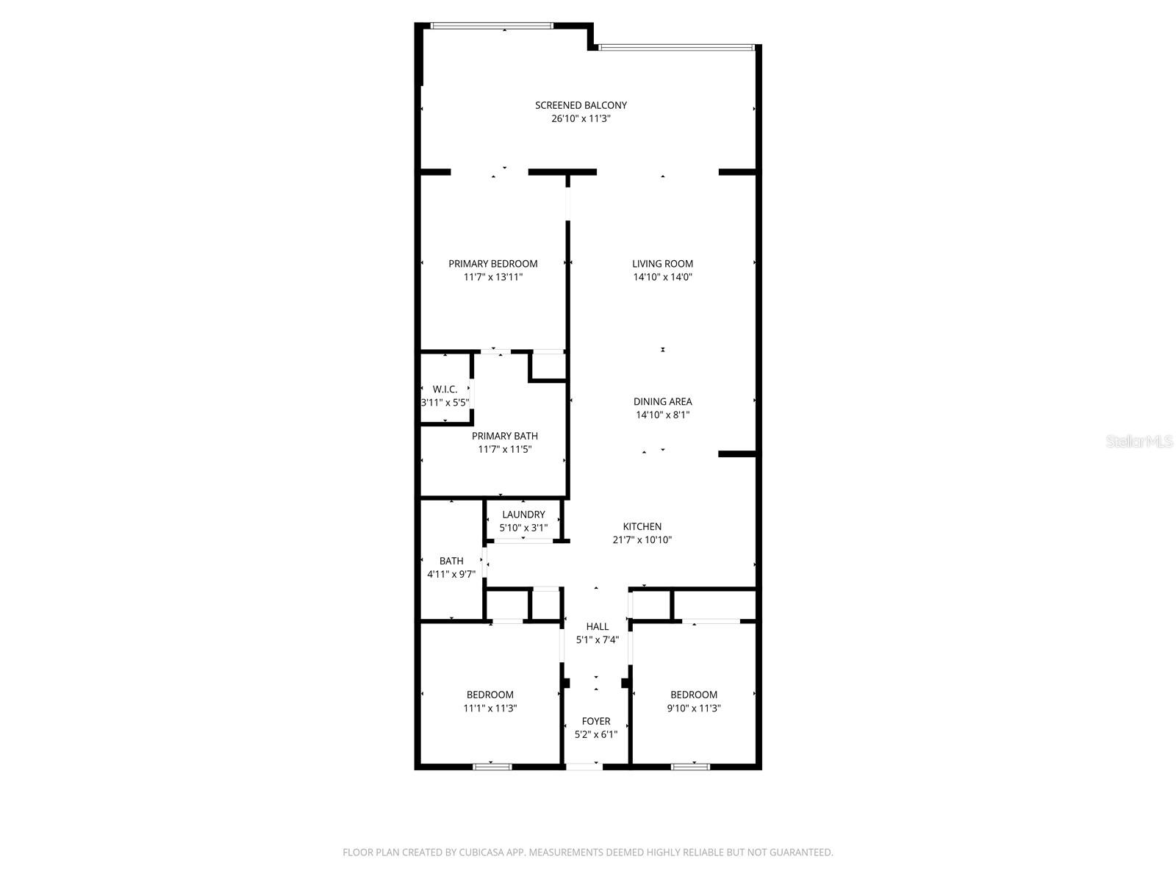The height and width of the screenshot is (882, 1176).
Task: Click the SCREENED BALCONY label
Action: point(581,105)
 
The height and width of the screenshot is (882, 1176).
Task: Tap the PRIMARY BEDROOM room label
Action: point(492,264)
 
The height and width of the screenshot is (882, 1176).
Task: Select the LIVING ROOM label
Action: point(662,264)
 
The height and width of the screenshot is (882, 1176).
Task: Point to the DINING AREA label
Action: point(662,401)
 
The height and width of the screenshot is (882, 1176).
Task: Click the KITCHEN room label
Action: point(642,526)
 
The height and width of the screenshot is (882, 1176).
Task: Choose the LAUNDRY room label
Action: point(523,514)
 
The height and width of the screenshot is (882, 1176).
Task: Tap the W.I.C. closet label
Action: point(445,389)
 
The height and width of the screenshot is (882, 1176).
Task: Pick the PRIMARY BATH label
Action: point(504,436)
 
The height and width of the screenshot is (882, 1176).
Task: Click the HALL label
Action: point(597,626)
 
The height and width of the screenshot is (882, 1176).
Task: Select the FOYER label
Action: point(595,721)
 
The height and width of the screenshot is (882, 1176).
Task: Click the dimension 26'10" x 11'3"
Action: point(581,118)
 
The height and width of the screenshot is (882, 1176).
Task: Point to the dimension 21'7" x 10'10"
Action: point(642,539)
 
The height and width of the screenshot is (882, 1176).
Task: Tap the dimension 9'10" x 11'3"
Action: point(694,709)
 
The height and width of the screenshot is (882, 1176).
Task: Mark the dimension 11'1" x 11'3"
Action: point(490,709)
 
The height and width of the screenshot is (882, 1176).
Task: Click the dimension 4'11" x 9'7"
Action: point(451,574)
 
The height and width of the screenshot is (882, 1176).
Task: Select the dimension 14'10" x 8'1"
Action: point(662,415)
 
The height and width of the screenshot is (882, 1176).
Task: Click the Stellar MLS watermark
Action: point(1140,441)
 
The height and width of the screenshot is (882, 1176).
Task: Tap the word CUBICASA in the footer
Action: point(487,853)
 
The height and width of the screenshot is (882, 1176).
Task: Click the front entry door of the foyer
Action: point(584,767)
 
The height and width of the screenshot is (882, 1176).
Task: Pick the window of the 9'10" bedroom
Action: point(690,767)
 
